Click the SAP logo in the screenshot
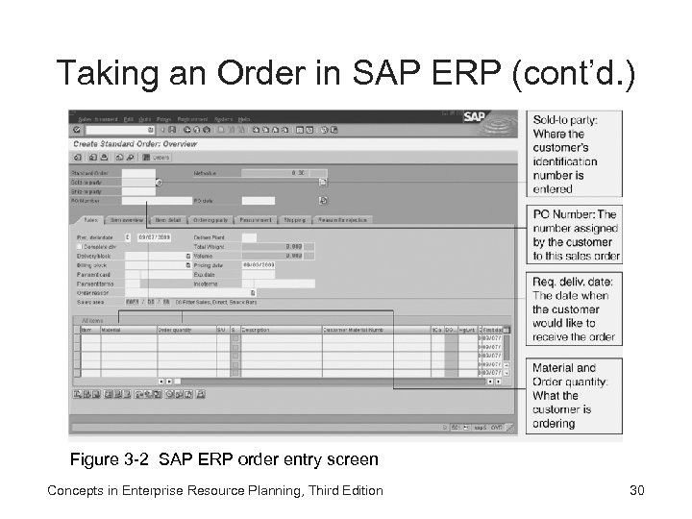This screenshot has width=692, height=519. click(474, 118)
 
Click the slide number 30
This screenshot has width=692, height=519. click(636, 491)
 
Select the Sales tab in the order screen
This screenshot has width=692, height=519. click(89, 220)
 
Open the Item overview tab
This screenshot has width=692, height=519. click(127, 220)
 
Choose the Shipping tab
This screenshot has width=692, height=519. click(295, 220)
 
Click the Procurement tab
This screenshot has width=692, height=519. click(257, 220)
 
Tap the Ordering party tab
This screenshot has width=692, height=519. click(211, 220)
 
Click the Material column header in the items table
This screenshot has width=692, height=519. click(112, 330)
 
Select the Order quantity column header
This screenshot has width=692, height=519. click(176, 330)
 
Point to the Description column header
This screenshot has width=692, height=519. click(256, 330)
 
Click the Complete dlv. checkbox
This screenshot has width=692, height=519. click(80, 247)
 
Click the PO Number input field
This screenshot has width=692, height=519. click(137, 201)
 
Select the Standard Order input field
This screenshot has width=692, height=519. click(137, 173)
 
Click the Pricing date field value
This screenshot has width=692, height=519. click(259, 265)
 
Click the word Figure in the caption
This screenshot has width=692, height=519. click(93, 459)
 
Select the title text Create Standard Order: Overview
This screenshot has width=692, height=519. click(136, 144)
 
